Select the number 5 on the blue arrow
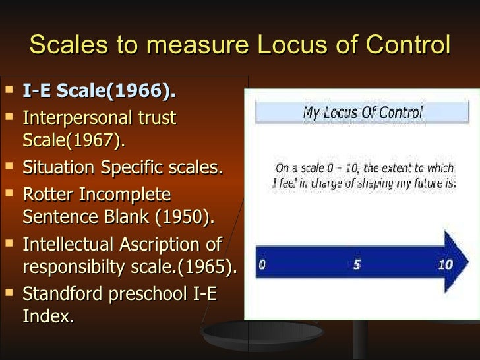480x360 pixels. pos(357,265)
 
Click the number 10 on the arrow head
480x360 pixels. pos(445,265)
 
